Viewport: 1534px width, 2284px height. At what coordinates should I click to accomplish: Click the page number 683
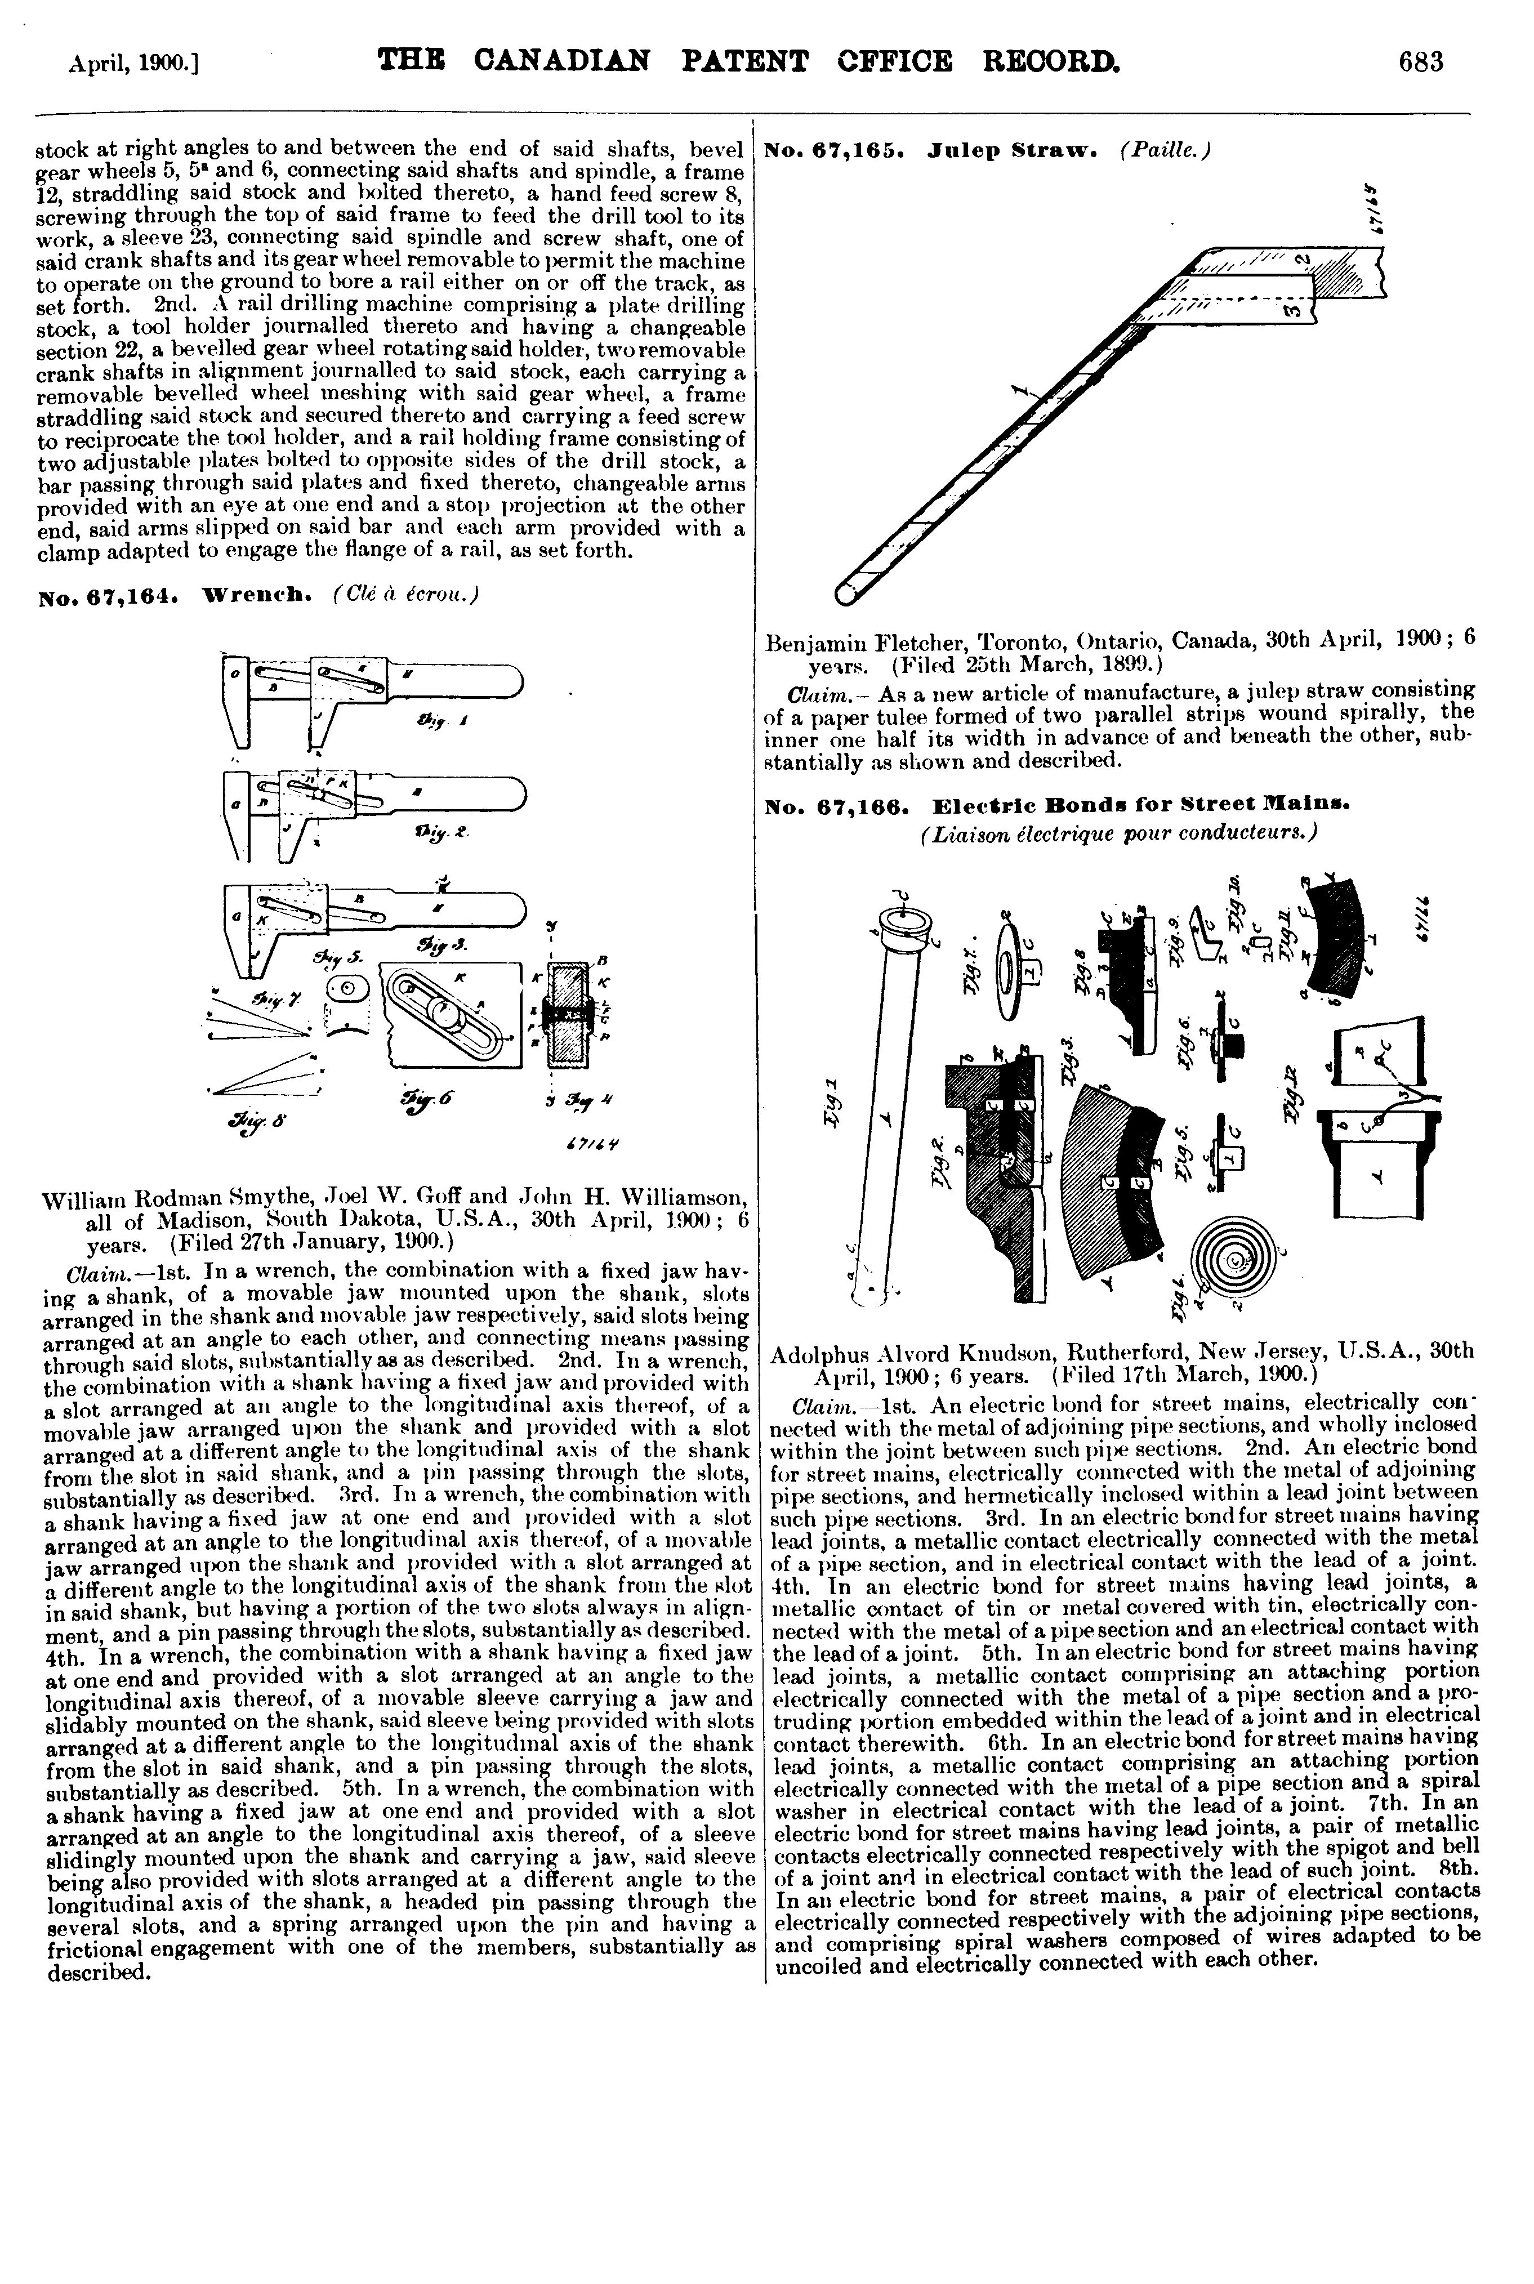pos(1420,63)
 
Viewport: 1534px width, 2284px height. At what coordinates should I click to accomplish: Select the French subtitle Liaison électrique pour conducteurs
pos(1119,832)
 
